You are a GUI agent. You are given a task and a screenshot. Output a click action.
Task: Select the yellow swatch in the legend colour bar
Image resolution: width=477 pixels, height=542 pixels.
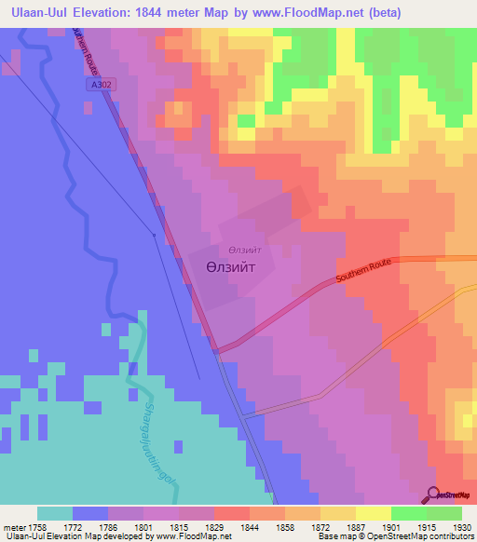point(374,513)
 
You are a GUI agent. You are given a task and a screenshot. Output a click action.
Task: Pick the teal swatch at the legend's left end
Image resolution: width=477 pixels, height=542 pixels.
point(55,513)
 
